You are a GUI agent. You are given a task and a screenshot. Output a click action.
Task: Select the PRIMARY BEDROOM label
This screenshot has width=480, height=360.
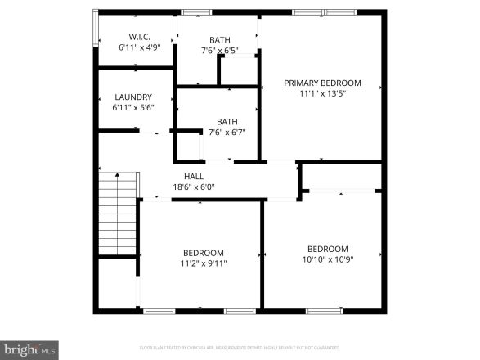click(x=322, y=83)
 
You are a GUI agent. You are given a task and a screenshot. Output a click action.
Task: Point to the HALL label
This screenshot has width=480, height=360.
click(x=194, y=176)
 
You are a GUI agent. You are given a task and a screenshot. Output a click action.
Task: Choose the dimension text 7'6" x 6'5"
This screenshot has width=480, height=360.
click(x=219, y=50)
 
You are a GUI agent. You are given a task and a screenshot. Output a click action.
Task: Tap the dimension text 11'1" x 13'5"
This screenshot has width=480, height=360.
click(x=322, y=93)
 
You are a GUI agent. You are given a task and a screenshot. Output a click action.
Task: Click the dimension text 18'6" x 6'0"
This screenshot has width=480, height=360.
click(x=194, y=187)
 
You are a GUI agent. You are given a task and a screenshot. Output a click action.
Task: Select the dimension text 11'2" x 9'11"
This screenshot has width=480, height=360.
click(x=204, y=263)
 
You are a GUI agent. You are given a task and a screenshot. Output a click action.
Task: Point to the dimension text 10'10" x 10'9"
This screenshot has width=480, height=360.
click(x=327, y=259)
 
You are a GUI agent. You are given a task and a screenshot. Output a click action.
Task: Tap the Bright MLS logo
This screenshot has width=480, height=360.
click(x=29, y=349)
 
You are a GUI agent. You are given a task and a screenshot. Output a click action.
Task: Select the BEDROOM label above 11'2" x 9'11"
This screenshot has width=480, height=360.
click(x=204, y=253)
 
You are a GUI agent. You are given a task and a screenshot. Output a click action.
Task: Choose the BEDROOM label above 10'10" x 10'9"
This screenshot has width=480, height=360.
click(x=327, y=249)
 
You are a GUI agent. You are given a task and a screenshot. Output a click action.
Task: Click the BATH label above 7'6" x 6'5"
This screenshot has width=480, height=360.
click(x=219, y=39)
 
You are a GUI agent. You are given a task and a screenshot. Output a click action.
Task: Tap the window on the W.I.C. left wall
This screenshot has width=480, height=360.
click(x=95, y=30)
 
